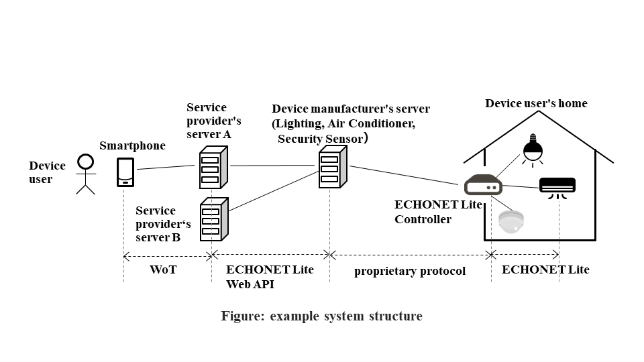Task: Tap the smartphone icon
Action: (x=125, y=172)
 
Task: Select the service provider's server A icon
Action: (x=213, y=168)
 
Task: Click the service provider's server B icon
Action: (x=213, y=219)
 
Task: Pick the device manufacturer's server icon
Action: (x=331, y=168)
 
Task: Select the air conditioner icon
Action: (x=557, y=186)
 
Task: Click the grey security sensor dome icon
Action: (x=511, y=221)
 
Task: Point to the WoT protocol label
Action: (x=164, y=270)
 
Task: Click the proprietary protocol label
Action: (x=409, y=271)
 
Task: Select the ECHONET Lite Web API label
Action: (x=269, y=277)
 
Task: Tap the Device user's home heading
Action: (x=535, y=103)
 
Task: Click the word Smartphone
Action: (x=132, y=145)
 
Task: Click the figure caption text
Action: (x=321, y=316)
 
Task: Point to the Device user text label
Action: (x=47, y=172)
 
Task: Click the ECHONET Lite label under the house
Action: (x=545, y=269)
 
